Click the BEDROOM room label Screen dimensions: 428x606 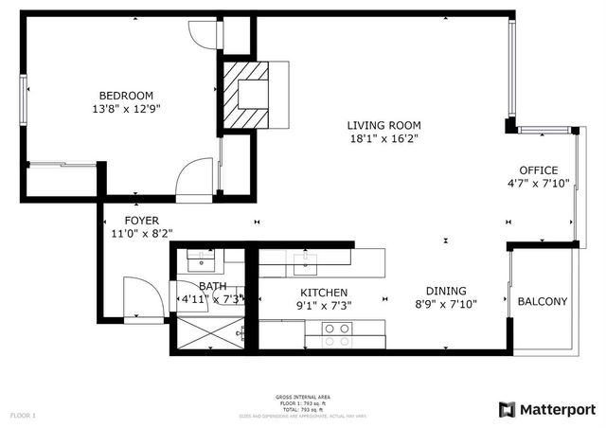click(x=127, y=95)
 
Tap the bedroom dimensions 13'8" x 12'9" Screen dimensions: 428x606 click(x=127, y=109)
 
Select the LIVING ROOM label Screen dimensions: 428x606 click(x=383, y=125)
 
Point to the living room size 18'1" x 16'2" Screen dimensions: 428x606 click(x=383, y=139)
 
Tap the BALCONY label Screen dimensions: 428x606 click(x=543, y=302)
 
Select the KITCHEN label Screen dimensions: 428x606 click(x=324, y=293)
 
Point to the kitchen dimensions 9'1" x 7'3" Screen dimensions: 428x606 click(x=324, y=306)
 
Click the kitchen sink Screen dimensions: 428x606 click(x=305, y=257)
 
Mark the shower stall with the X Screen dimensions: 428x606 click(x=206, y=333)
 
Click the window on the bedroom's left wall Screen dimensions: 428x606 click(x=25, y=96)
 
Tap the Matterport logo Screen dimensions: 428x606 click(x=547, y=409)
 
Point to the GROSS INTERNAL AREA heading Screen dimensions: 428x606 click(x=302, y=396)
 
